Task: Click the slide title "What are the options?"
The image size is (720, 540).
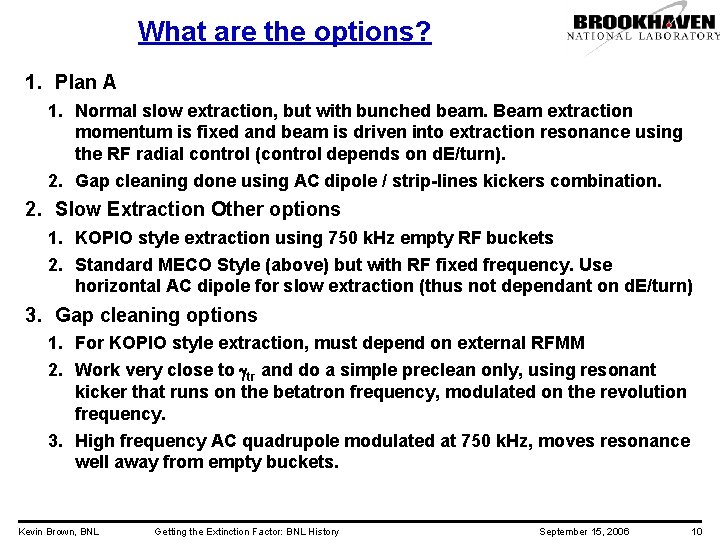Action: coord(285,32)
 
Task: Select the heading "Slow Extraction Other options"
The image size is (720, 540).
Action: coord(198,209)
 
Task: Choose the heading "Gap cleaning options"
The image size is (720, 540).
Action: coord(156,315)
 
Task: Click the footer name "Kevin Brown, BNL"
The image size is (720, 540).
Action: coord(58,531)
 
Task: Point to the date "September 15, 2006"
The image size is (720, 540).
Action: coord(584,531)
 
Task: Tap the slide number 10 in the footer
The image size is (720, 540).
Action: coord(696,531)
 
